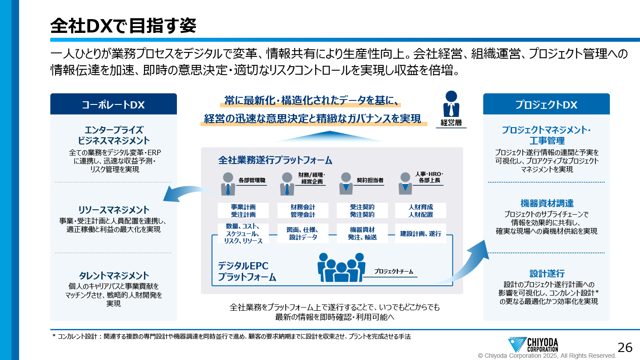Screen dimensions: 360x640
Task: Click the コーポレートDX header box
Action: point(113,104)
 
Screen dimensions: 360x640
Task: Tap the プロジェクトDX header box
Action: point(546,104)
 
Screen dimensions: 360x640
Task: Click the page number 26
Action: point(625,347)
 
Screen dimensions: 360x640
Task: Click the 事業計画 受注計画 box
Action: point(243,211)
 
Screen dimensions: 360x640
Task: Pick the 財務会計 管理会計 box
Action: point(303,211)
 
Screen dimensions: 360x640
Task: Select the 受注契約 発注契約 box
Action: point(362,211)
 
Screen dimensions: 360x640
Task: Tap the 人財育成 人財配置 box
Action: point(420,211)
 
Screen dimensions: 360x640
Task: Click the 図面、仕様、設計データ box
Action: point(303,233)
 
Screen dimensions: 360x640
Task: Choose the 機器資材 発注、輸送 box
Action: point(362,233)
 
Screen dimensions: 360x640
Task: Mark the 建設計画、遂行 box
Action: point(420,233)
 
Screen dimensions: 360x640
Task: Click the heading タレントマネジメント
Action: point(113,276)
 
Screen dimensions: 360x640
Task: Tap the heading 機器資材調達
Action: point(546,204)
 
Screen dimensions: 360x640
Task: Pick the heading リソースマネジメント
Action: point(113,210)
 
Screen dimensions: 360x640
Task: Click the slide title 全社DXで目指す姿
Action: point(123,26)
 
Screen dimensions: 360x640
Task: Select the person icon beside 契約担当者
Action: point(345,183)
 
